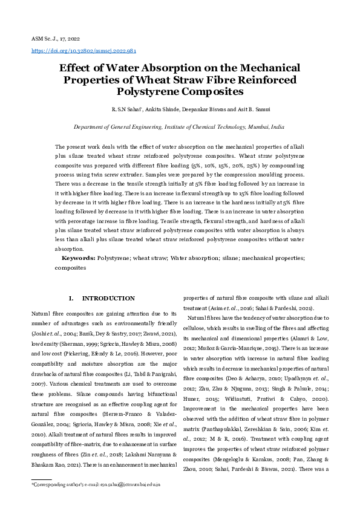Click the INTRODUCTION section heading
tap(108, 299)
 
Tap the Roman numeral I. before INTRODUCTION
tap(71, 299)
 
